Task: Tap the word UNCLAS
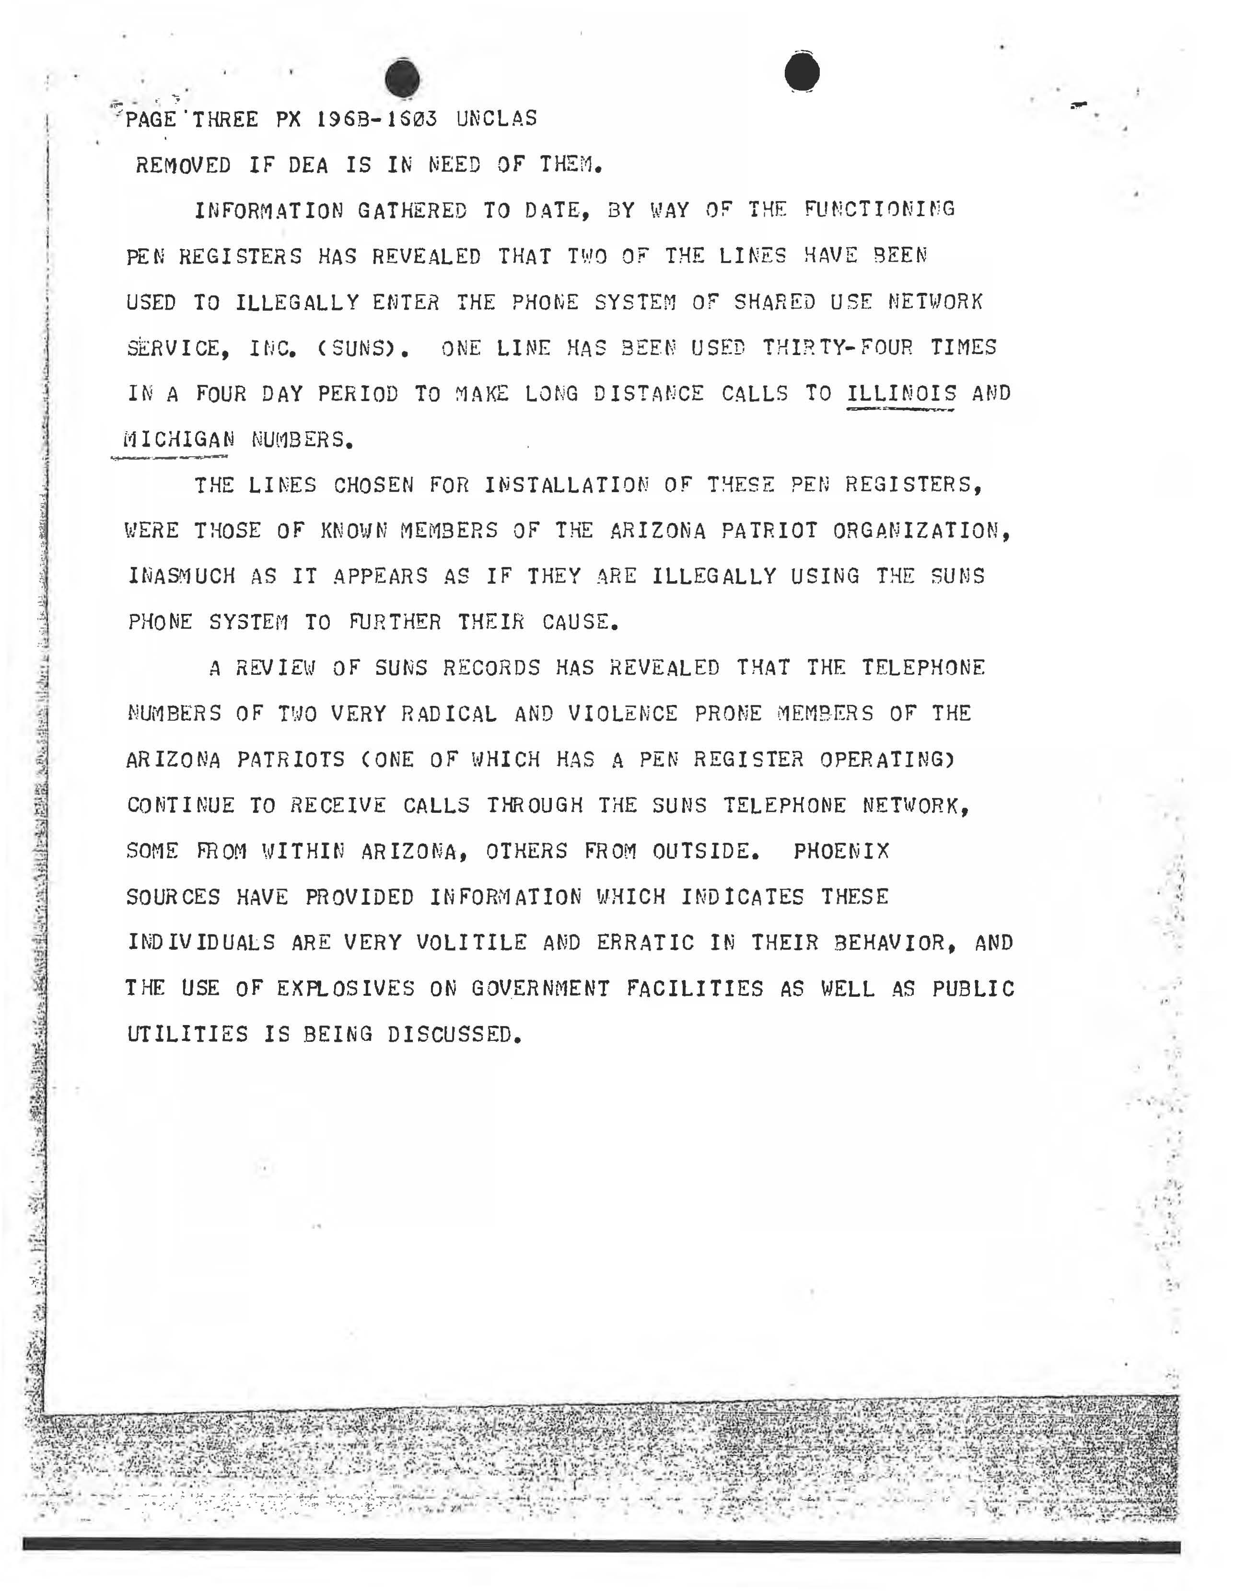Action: tap(496, 119)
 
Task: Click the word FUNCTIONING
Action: tap(879, 210)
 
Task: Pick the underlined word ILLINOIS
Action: tap(901, 394)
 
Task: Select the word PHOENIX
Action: tap(841, 851)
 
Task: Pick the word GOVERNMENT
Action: tap(540, 989)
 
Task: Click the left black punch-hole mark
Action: tap(402, 79)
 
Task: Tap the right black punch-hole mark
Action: tap(802, 73)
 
